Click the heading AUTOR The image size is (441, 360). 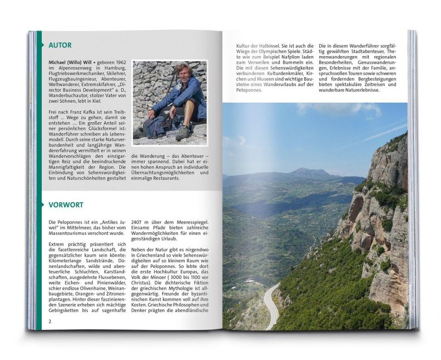click(x=60, y=45)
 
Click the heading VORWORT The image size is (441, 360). click(x=65, y=205)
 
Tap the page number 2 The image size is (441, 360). click(x=50, y=321)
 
